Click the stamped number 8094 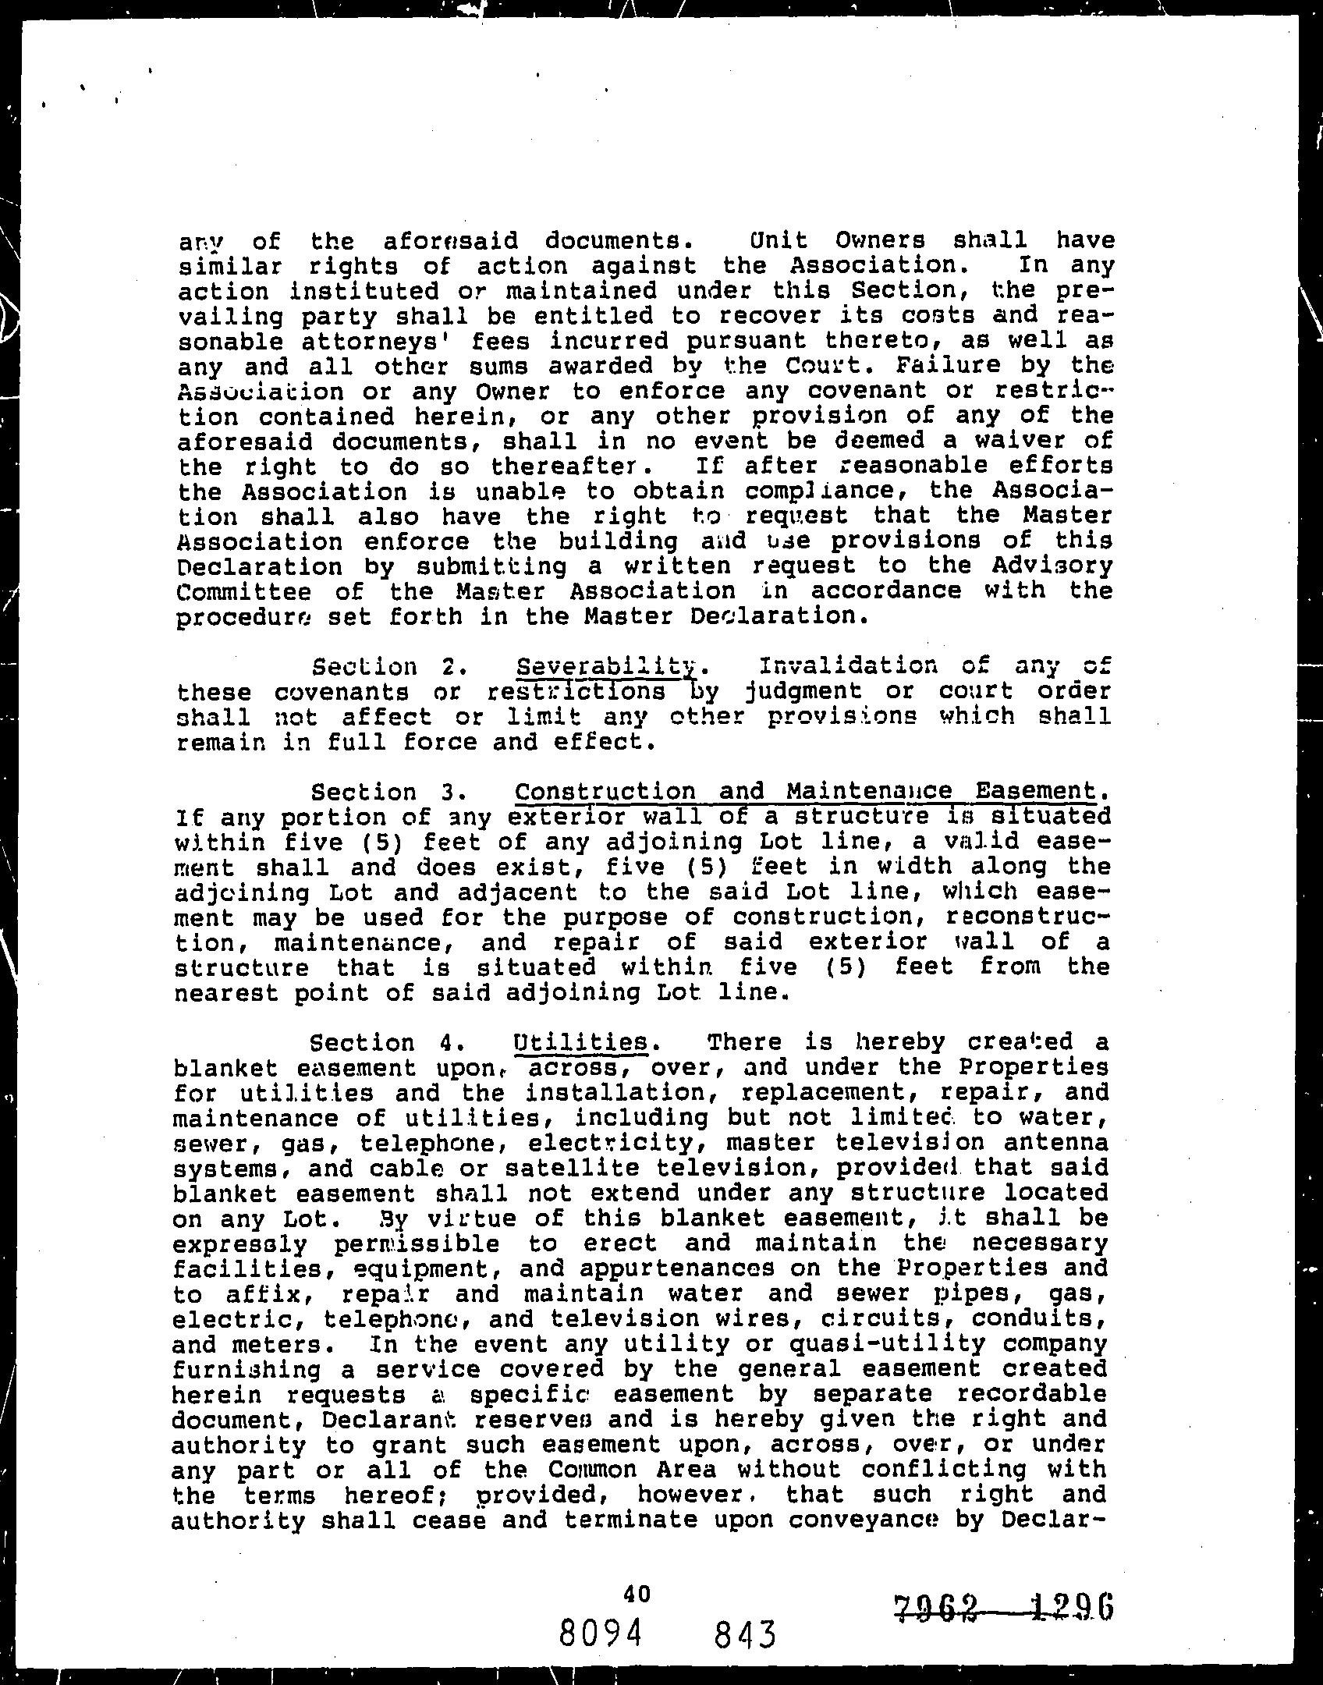pyautogui.click(x=600, y=1631)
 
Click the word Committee pyautogui.click(x=244, y=591)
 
